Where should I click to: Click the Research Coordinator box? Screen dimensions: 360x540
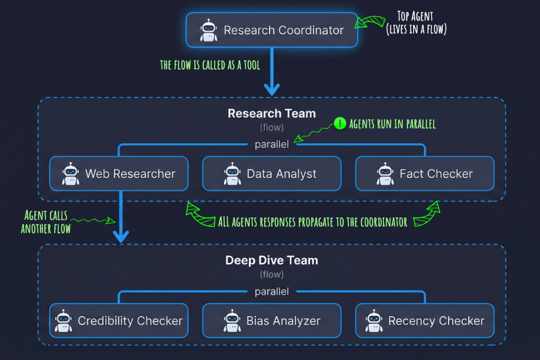click(272, 30)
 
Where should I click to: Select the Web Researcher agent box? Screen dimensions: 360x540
click(119, 174)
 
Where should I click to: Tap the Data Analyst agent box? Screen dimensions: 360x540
click(272, 174)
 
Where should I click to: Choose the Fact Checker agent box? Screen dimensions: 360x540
click(425, 174)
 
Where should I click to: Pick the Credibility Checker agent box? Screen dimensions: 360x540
click(119, 320)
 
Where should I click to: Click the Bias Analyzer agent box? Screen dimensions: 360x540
click(272, 320)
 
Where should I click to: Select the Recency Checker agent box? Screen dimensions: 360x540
click(425, 320)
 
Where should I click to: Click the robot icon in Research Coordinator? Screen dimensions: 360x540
click(208, 31)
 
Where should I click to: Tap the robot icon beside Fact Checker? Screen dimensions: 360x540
click(385, 174)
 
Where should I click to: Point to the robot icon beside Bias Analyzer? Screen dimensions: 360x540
click(232, 320)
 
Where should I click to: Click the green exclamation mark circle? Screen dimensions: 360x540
click(340, 123)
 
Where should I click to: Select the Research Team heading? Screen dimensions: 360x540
click(272, 113)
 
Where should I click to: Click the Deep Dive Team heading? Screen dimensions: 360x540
click(272, 260)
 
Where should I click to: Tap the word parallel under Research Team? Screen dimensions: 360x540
click(272, 144)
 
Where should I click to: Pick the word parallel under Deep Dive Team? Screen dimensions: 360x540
click(272, 291)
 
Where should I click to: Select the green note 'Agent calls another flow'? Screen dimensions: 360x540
click(46, 222)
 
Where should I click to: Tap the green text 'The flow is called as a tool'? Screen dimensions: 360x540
click(210, 65)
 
